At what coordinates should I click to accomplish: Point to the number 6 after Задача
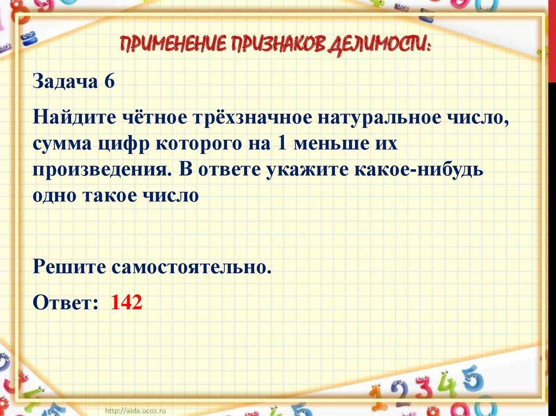(109, 81)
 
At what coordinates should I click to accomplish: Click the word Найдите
(74, 118)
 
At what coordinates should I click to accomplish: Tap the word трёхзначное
(252, 118)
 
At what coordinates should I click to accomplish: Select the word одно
(54, 195)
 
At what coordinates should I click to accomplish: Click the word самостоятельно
(192, 267)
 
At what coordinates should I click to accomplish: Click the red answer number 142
(127, 302)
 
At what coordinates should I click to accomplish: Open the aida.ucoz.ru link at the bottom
(136, 411)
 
